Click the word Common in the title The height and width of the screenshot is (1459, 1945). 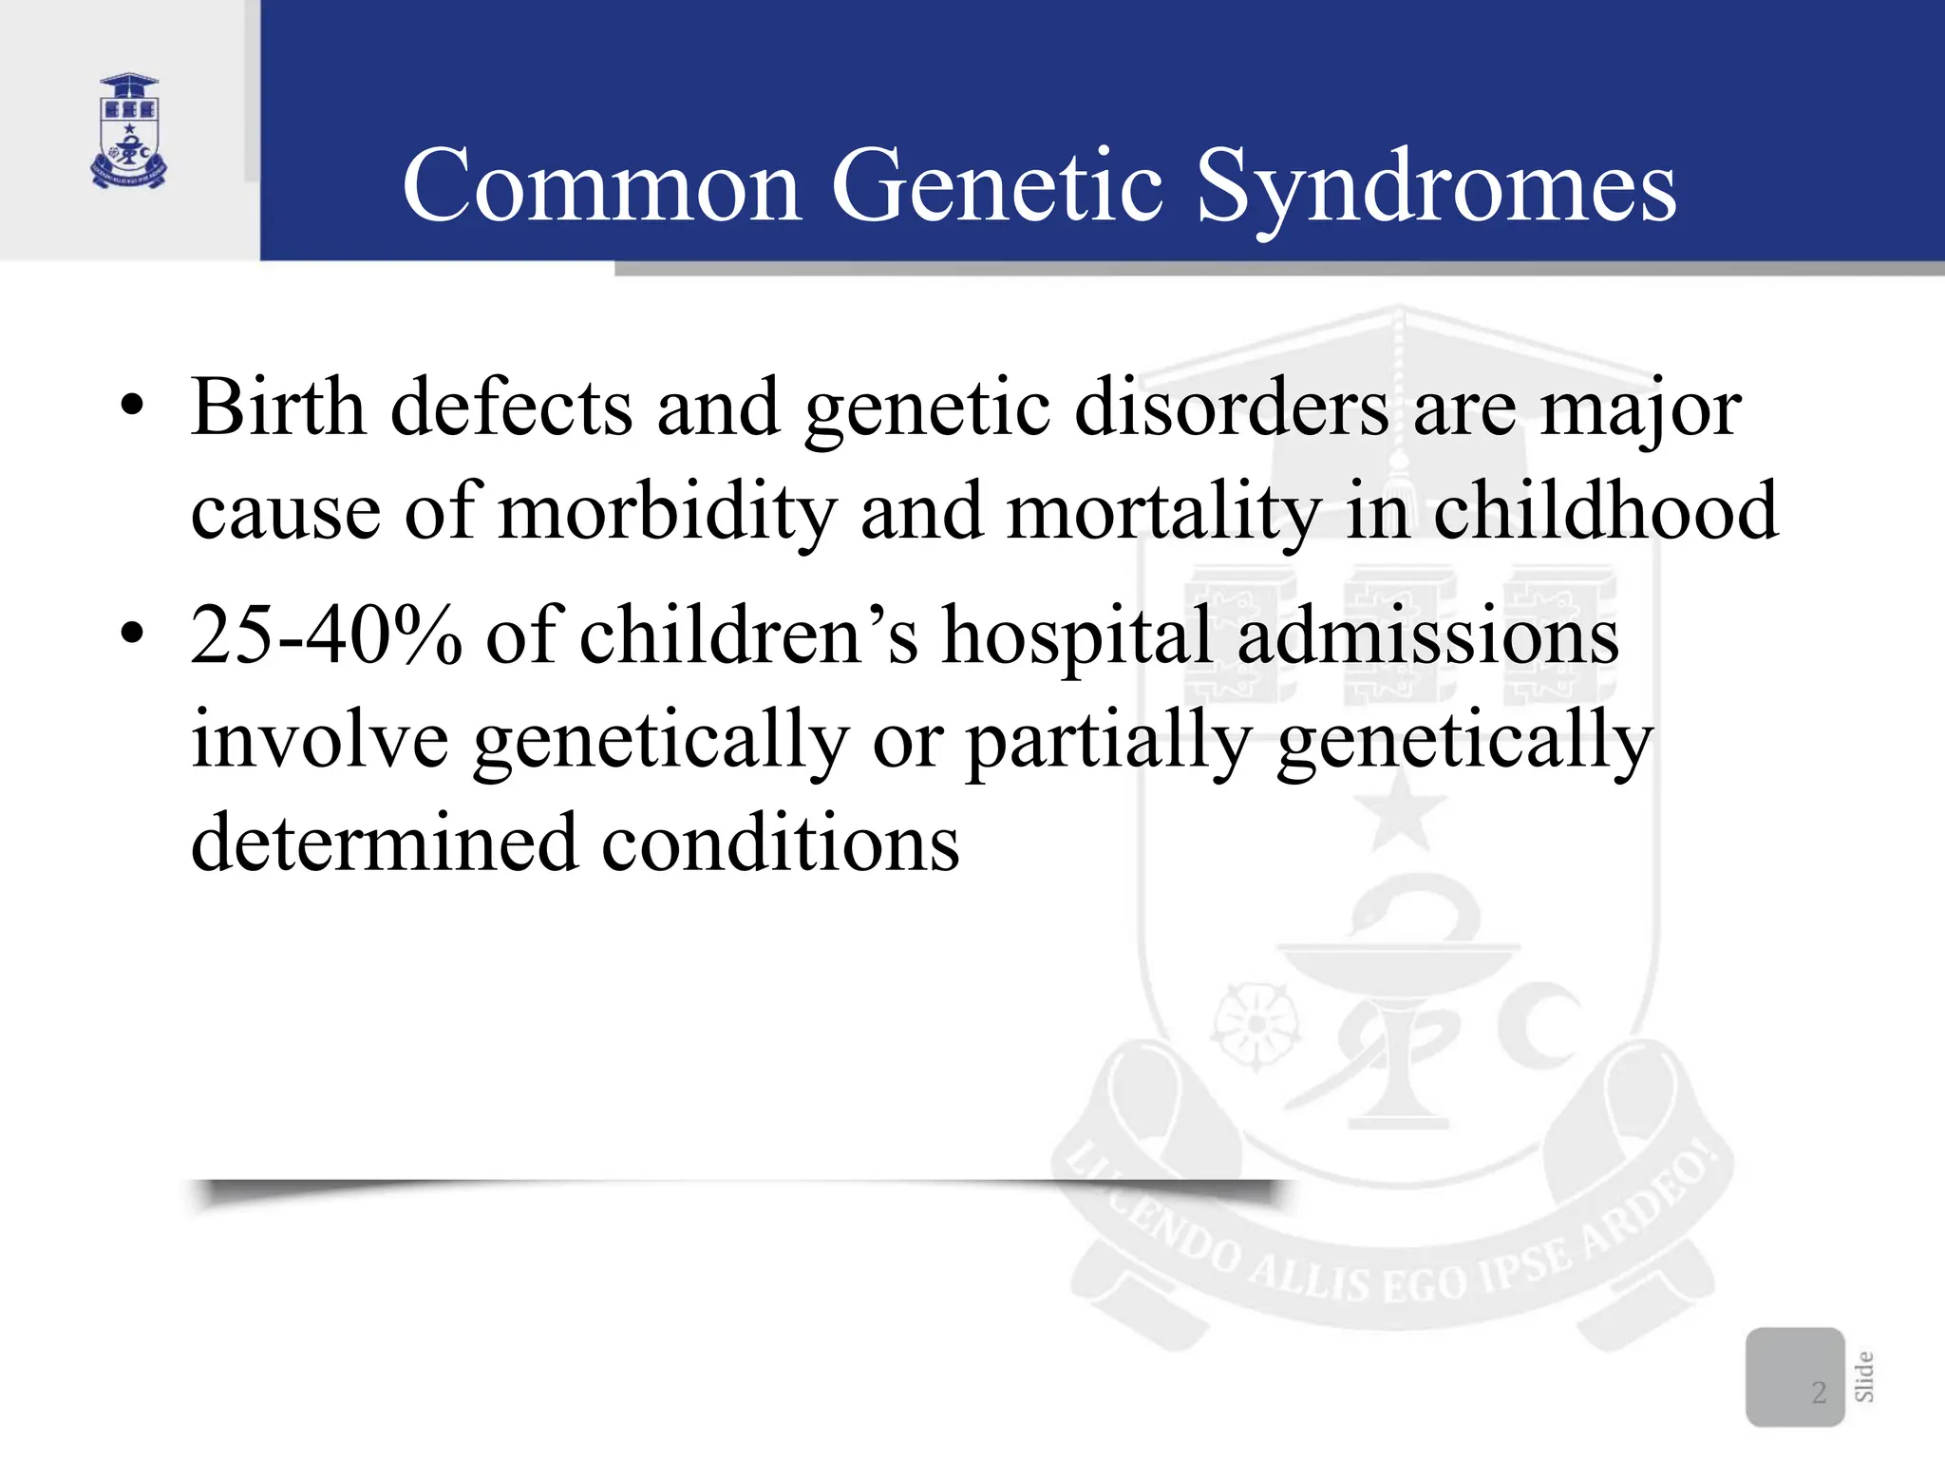coord(602,187)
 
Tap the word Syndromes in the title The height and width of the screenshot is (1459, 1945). coord(1435,187)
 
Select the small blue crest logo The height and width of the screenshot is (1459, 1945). coord(129,131)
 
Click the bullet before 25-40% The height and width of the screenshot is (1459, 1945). coord(132,634)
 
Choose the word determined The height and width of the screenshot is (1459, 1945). coord(384,843)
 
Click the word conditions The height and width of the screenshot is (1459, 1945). coord(780,843)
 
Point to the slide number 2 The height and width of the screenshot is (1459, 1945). coord(1819,1393)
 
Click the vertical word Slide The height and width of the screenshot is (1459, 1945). coord(1864,1376)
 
